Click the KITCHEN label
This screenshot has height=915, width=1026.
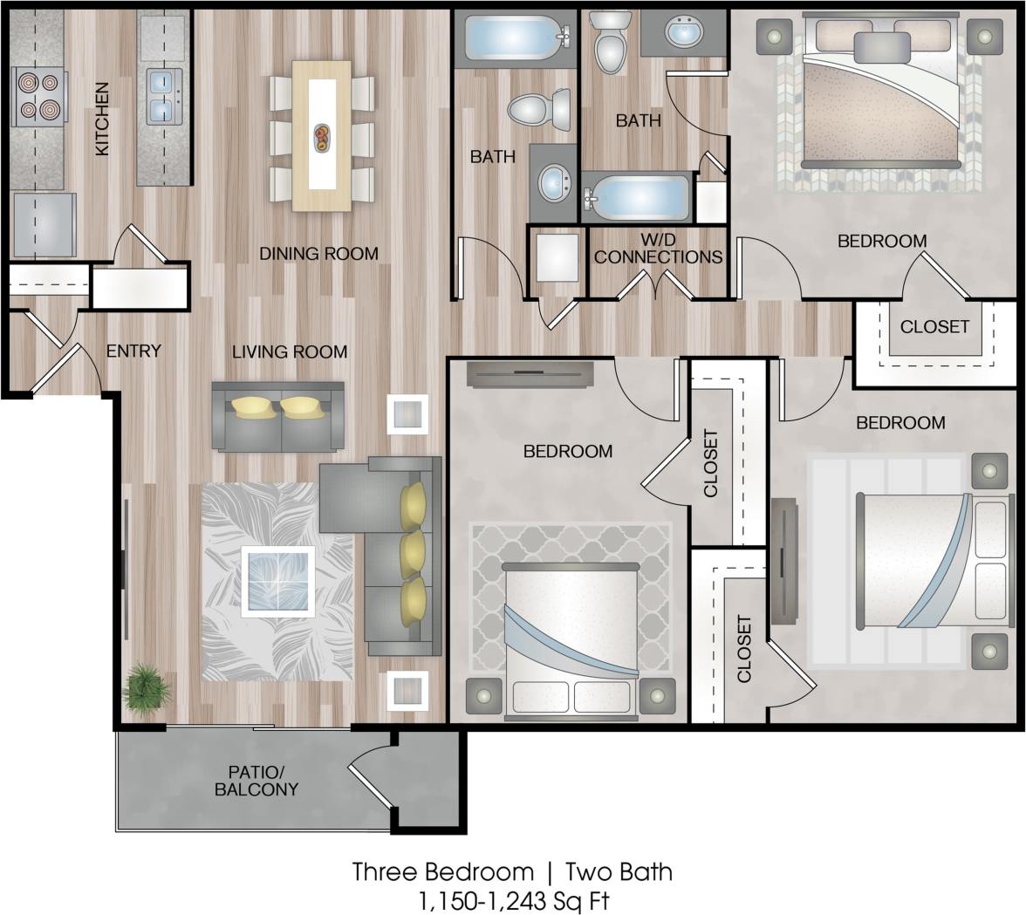(102, 119)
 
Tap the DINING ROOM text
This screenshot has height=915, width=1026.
(318, 254)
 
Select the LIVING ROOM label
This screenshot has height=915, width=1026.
(290, 352)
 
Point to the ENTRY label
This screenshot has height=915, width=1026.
(133, 351)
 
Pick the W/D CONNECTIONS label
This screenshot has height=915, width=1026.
(659, 249)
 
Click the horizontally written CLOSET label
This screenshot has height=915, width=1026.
(934, 327)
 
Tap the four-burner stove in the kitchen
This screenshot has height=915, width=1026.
(39, 96)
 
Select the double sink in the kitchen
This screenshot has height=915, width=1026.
(164, 96)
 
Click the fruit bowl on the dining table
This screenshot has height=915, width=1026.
(322, 137)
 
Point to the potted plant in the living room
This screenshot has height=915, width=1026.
(146, 687)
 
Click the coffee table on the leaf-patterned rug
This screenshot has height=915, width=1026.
(277, 581)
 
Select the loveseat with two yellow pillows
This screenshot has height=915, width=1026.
(278, 416)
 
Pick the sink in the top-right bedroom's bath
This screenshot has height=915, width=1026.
(683, 33)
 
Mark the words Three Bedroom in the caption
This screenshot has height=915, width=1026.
(442, 871)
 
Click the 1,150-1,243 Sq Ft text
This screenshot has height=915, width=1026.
(513, 899)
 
